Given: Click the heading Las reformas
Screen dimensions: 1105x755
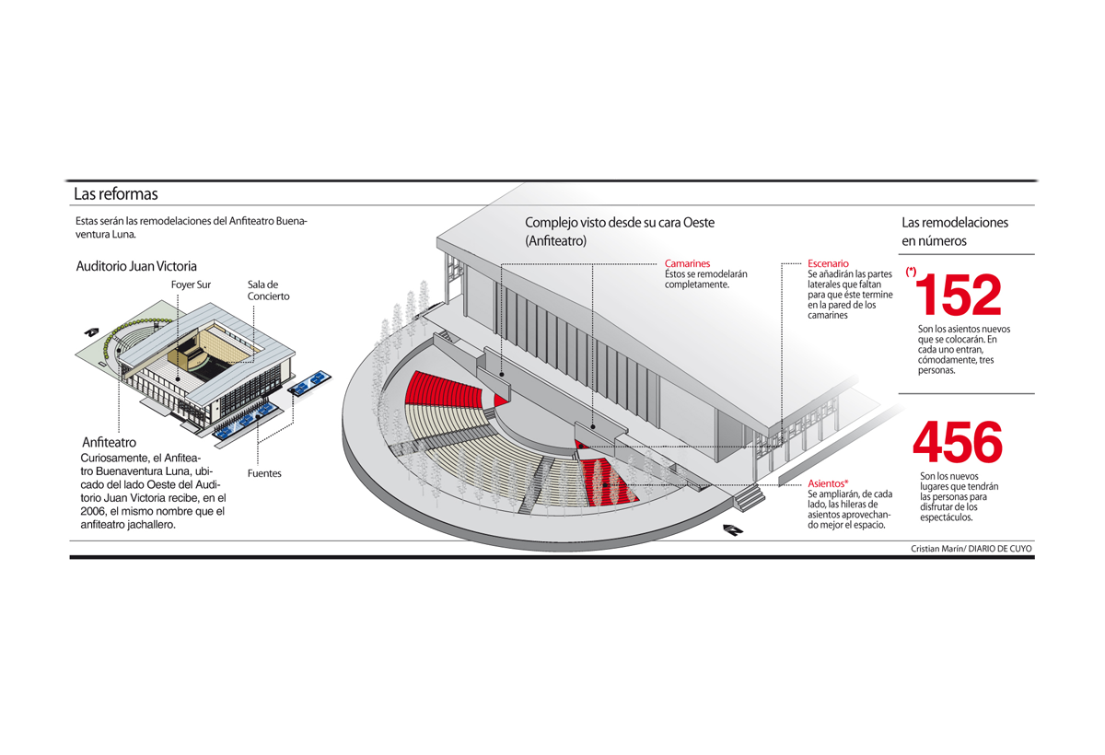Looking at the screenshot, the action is pyautogui.click(x=116, y=194).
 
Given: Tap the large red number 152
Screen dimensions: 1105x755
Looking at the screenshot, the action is pyautogui.click(x=958, y=295).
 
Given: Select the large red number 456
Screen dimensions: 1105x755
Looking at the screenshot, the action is pyautogui.click(x=958, y=443).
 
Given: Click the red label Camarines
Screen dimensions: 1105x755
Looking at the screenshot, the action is pyautogui.click(x=687, y=263).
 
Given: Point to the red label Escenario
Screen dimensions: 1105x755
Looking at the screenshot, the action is pyautogui.click(x=828, y=263).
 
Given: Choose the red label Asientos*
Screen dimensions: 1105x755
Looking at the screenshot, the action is pyautogui.click(x=828, y=483).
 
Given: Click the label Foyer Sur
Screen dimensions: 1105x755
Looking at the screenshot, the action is pyautogui.click(x=191, y=285).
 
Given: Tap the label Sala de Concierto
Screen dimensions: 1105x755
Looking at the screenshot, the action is pyautogui.click(x=268, y=290).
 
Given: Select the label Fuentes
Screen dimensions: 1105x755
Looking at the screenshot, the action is pyautogui.click(x=264, y=473).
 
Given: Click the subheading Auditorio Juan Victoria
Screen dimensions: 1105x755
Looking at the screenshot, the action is pyautogui.click(x=136, y=266).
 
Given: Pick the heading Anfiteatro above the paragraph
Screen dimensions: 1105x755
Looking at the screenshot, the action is pyautogui.click(x=109, y=442).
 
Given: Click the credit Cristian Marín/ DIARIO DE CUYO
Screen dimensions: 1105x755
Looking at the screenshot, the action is pyautogui.click(x=971, y=549).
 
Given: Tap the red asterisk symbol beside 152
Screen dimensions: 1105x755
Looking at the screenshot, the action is pyautogui.click(x=911, y=273).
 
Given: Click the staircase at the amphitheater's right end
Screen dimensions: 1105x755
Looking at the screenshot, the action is pyautogui.click(x=750, y=498).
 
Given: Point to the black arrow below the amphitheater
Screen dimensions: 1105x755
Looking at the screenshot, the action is pyautogui.click(x=733, y=529).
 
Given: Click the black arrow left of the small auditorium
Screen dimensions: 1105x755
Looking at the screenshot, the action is pyautogui.click(x=91, y=331).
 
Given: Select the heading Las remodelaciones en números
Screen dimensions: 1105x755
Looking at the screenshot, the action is pyautogui.click(x=954, y=231).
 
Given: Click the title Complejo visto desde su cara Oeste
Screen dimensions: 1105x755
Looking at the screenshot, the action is pyautogui.click(x=619, y=223).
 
